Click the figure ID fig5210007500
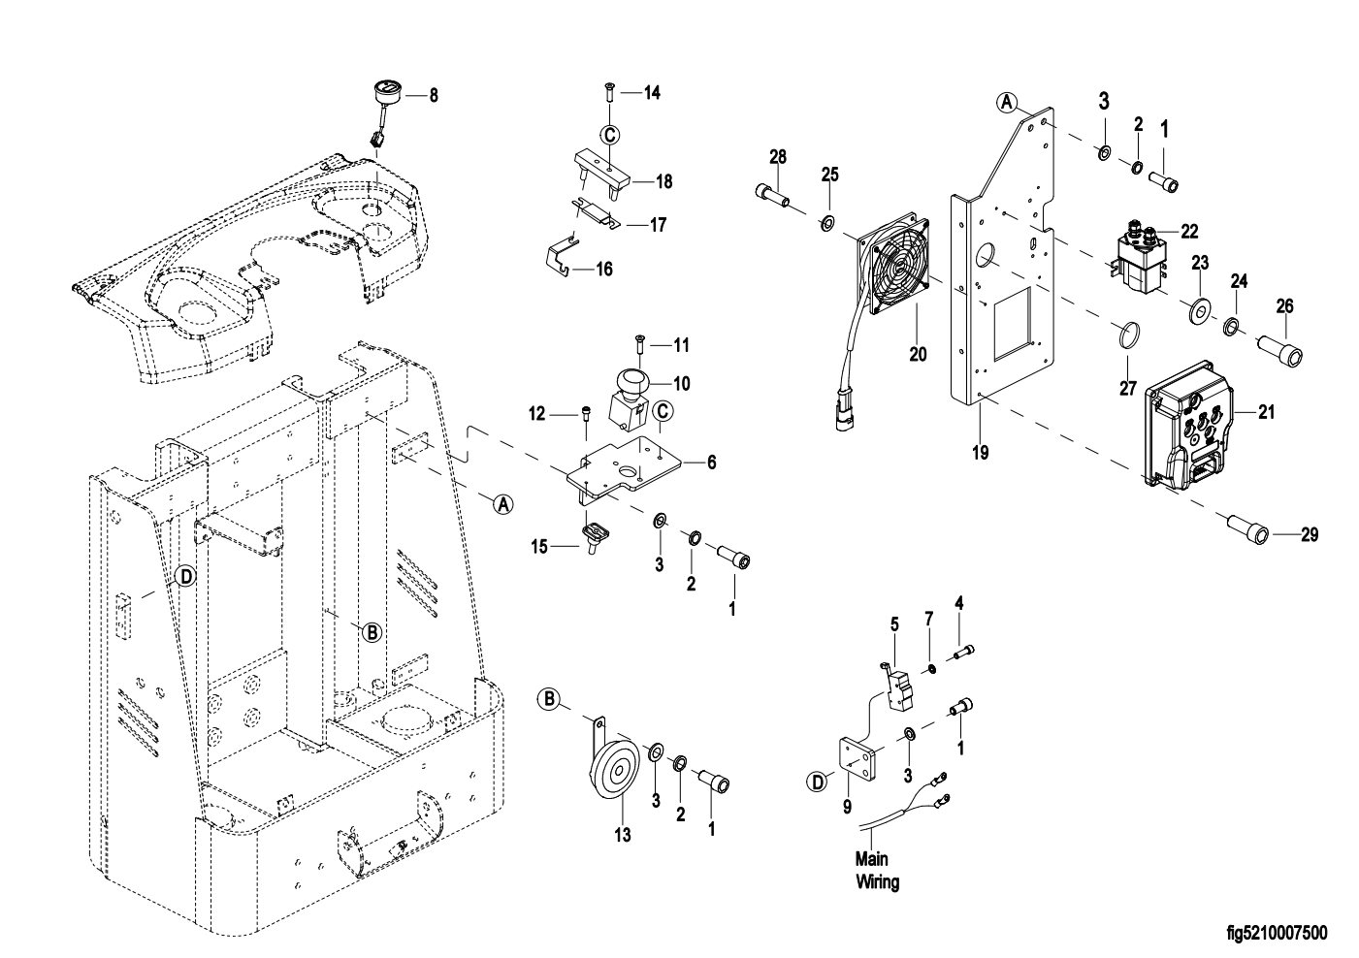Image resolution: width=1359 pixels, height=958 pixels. tap(1276, 934)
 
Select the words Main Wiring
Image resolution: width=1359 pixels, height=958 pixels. tap(876, 871)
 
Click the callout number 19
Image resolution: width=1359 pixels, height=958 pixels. tap(981, 452)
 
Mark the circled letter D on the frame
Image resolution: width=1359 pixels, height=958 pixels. tap(184, 577)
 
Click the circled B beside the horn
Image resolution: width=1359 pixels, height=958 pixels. tap(549, 698)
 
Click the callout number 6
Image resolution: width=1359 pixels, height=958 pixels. tap(711, 463)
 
